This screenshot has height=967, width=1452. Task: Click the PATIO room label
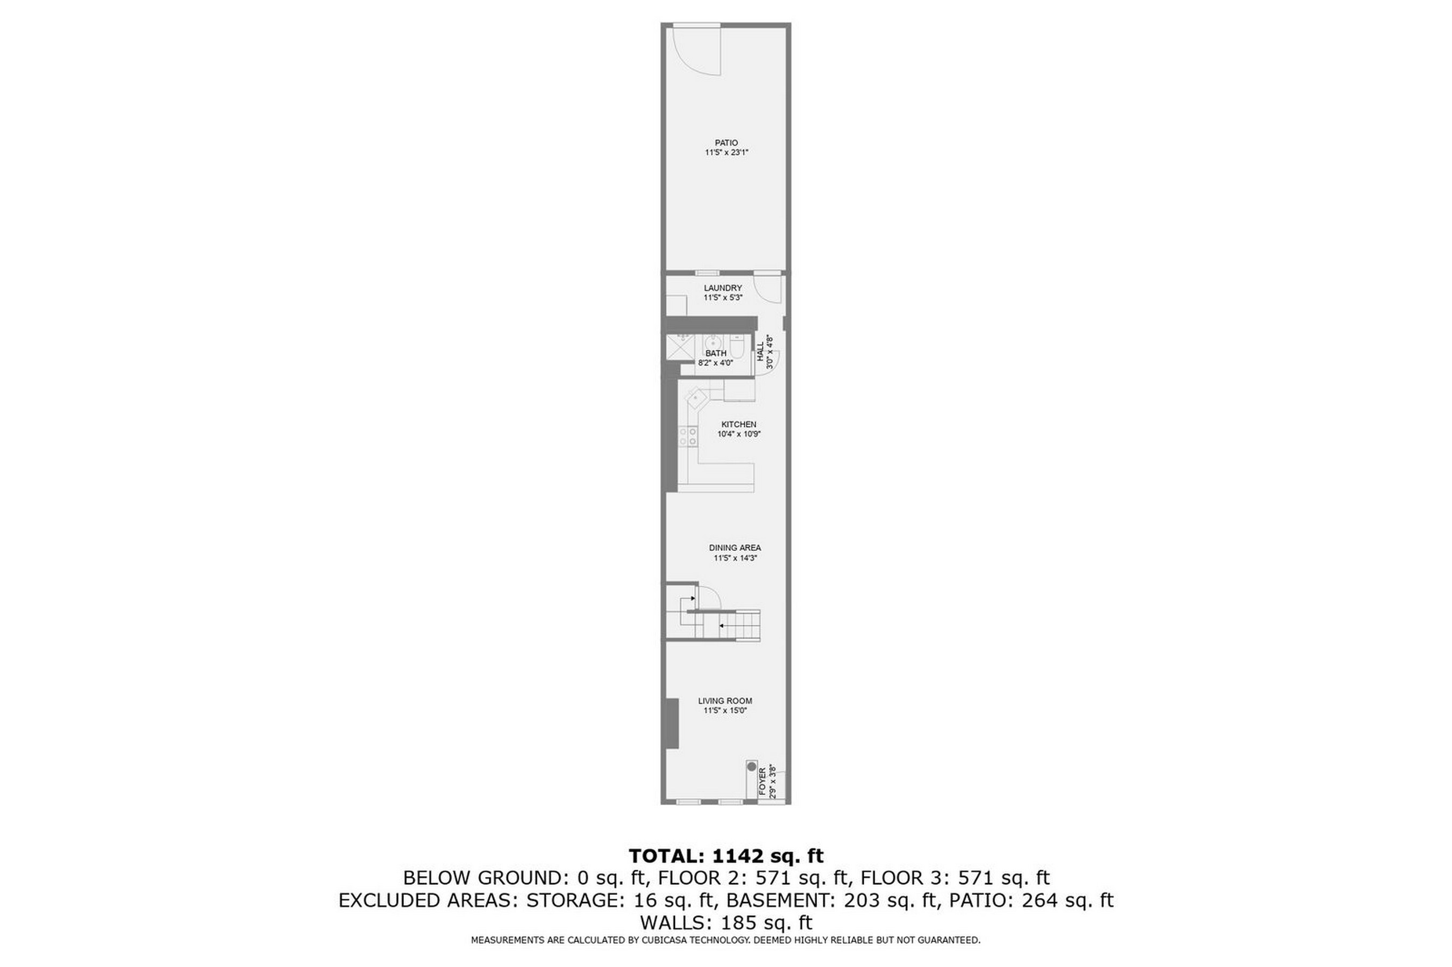click(x=726, y=143)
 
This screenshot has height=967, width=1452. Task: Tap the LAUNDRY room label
click(x=722, y=288)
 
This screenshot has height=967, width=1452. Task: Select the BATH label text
click(x=716, y=353)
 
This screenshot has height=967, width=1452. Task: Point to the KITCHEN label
click(x=738, y=424)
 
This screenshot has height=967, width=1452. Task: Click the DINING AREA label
click(x=735, y=548)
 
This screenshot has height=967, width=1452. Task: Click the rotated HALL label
click(x=760, y=352)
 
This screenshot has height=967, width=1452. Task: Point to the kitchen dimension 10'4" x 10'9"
click(x=738, y=434)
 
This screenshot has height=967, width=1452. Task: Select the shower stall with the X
click(x=677, y=347)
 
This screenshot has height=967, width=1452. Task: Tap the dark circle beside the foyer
click(x=751, y=767)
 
